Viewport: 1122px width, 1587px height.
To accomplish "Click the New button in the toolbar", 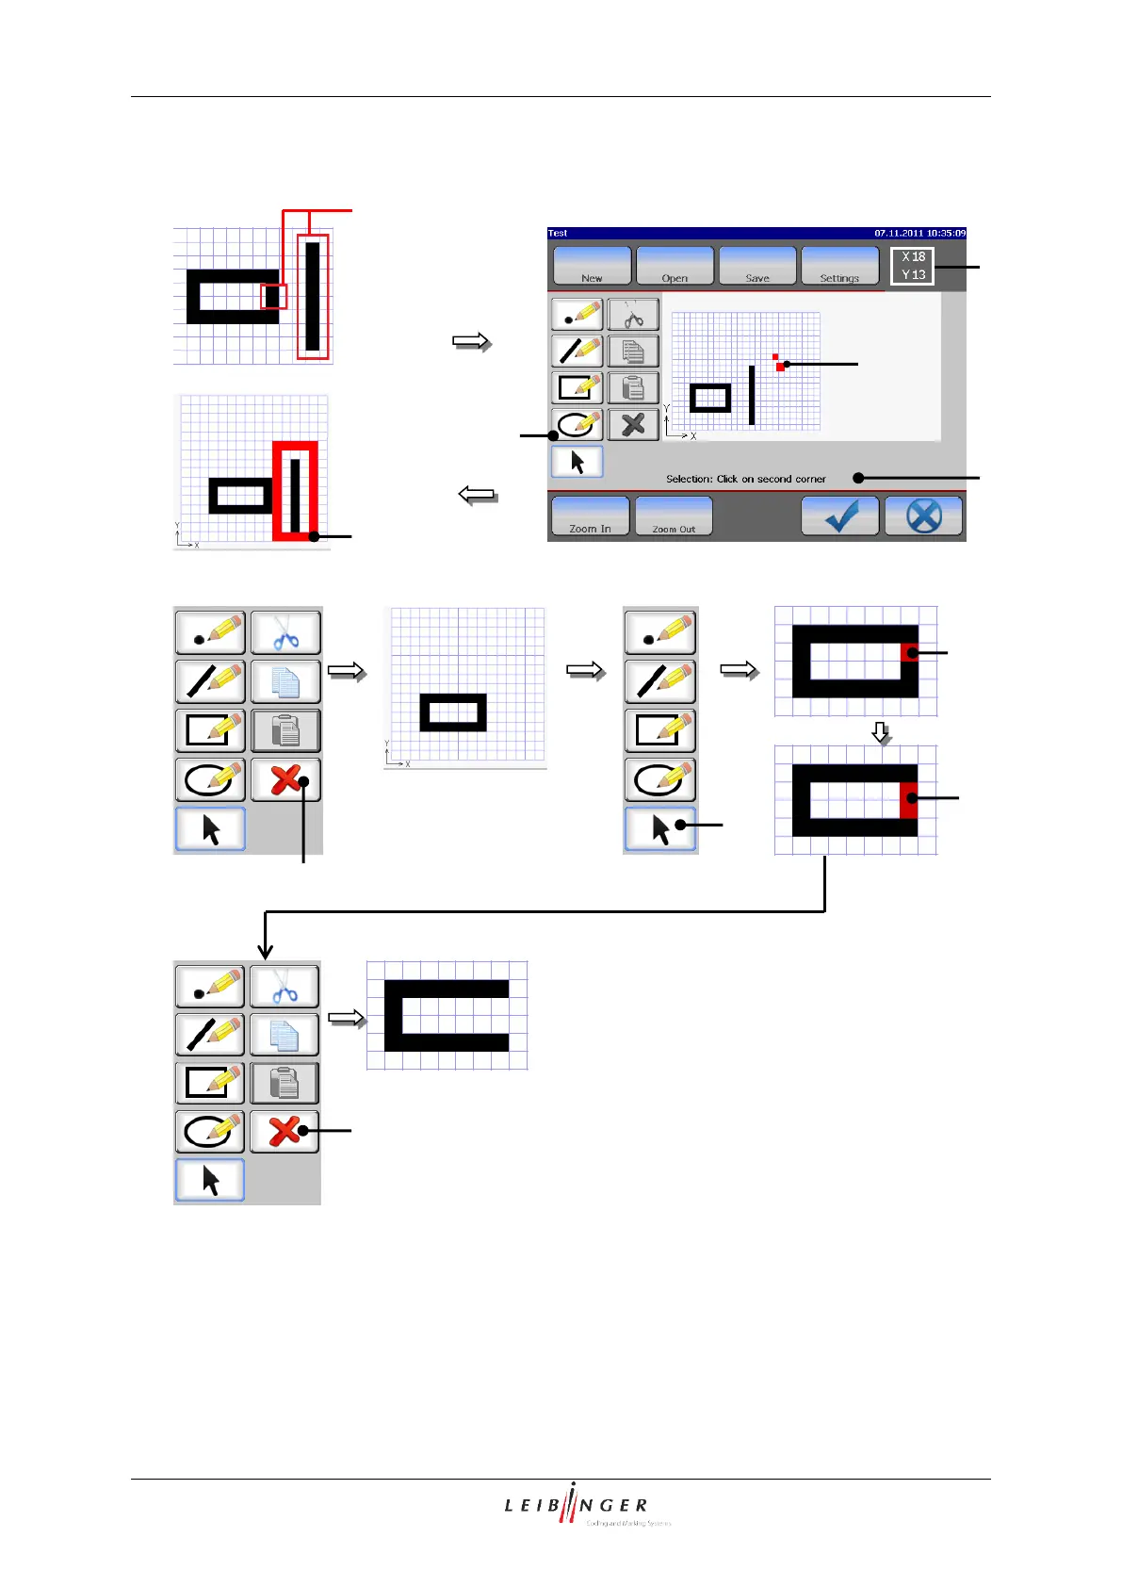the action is coord(592,266).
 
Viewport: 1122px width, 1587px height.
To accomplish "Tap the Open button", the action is coord(675,266).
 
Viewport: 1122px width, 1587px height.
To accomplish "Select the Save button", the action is coord(757,266).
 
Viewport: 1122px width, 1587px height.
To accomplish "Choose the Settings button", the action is coord(839,266).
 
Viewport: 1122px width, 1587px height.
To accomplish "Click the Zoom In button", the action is coord(590,516).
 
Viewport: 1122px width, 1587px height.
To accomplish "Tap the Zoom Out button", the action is coord(674,516).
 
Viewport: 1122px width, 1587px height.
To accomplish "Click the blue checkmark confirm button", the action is coord(840,516).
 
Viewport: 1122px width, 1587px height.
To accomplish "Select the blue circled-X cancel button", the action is coord(924,516).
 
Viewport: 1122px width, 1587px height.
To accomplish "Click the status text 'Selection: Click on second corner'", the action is coord(745,479).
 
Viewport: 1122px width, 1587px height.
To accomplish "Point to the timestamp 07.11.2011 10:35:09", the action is coord(919,233).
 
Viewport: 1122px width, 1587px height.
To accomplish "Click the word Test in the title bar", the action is coord(558,233).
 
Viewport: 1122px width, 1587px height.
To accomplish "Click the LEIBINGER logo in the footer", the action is coord(577,1505).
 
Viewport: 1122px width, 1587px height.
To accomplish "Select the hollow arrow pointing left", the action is coord(478,495).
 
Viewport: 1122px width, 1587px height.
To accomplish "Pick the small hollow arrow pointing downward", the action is coord(881,732).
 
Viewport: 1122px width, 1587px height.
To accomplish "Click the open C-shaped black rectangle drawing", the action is coord(446,1016).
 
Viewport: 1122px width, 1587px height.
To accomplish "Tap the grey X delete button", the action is coord(633,424).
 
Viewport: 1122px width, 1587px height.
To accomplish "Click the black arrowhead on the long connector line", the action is coord(266,952).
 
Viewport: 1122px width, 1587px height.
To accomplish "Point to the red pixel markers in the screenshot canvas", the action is coord(778,363).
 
